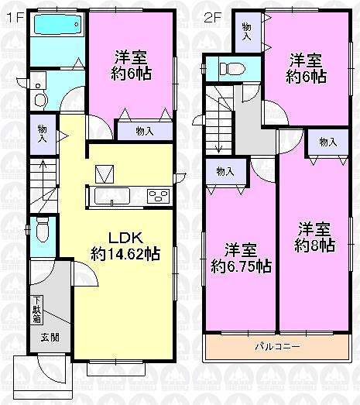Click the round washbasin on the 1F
40,96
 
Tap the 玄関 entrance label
50,338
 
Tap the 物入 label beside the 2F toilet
247,32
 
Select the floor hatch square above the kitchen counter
104,173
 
